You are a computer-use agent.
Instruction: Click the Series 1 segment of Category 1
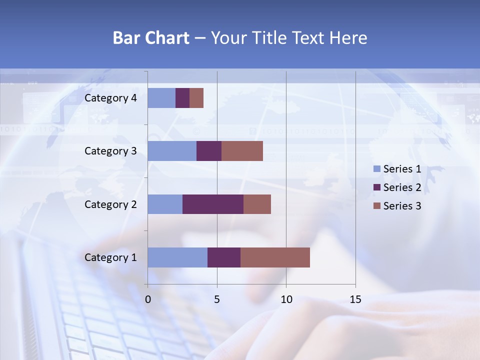coord(177,257)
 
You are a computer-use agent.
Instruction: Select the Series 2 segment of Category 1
coord(224,257)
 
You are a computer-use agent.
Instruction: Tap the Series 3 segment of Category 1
coord(275,257)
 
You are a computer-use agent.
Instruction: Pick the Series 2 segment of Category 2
coord(213,204)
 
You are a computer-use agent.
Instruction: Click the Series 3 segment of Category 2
coord(257,204)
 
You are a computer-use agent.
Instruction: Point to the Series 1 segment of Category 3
coord(172,151)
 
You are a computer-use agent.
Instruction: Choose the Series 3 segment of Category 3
coord(242,151)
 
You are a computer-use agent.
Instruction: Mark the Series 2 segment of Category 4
coord(182,98)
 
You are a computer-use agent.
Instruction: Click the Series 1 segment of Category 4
coord(161,98)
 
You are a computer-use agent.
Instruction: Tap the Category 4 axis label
coord(110,98)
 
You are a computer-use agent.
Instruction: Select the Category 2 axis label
coord(110,204)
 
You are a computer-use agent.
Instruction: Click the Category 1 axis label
coord(110,257)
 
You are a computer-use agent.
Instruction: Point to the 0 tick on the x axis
coord(148,299)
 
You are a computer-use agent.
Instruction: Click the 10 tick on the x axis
coord(286,299)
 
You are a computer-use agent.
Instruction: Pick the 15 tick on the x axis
coord(355,299)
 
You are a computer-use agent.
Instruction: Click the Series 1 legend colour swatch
coord(377,169)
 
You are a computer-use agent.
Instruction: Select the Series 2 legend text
coord(402,187)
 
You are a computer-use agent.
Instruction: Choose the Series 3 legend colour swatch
coord(377,206)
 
